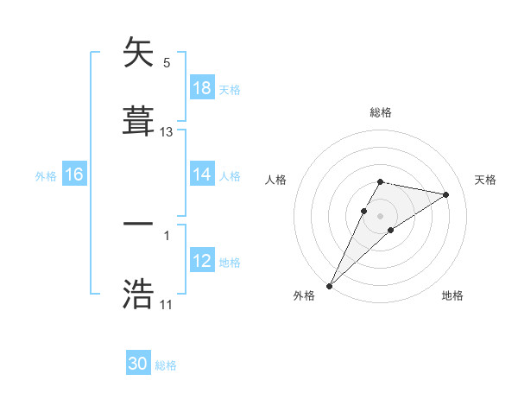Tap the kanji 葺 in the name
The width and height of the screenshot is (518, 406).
point(138,120)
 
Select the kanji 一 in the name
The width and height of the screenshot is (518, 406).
point(138,225)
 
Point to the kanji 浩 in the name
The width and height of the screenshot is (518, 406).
point(138,294)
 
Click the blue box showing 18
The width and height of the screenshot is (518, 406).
point(201,87)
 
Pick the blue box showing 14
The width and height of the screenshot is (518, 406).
point(201,174)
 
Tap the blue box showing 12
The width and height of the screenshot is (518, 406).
point(201,261)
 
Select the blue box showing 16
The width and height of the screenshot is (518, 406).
point(73,174)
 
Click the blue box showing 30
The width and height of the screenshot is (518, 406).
point(138,364)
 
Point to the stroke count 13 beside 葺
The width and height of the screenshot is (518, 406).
point(167,132)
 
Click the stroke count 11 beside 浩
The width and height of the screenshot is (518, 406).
point(166,305)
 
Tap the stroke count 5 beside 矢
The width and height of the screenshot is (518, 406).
point(167,62)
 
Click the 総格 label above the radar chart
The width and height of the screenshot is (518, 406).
point(380,112)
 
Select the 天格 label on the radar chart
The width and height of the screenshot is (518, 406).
point(486,180)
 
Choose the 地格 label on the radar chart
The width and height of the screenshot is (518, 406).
point(452,295)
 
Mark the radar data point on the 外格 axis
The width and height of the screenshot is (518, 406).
point(329,285)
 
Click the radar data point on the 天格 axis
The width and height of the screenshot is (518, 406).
point(446,194)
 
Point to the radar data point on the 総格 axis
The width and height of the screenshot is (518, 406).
point(380,181)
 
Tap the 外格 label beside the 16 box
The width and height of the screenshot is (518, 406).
point(46,175)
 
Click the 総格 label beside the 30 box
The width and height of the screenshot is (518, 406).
point(166,365)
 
